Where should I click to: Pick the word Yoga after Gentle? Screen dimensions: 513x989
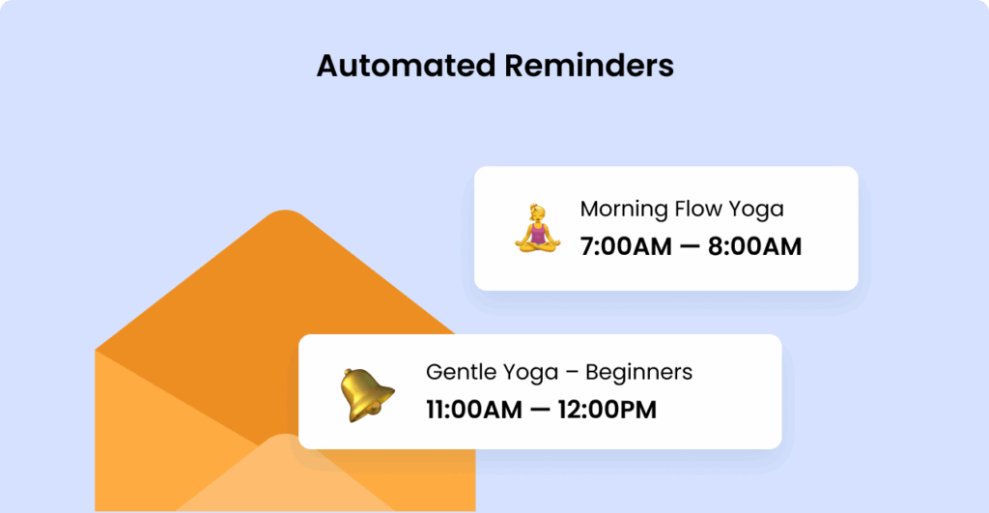click(527, 372)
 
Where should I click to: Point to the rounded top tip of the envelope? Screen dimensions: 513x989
click(286, 214)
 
